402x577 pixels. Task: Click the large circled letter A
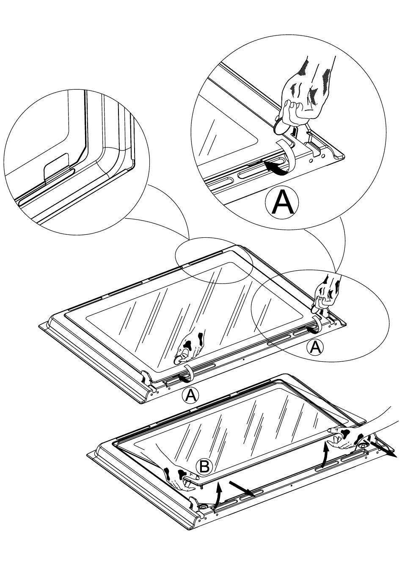[282, 203]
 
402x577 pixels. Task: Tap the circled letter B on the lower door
[204, 467]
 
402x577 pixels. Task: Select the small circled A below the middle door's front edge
[190, 395]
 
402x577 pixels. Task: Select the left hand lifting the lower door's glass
[178, 478]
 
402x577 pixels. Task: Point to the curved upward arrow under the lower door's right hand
[325, 454]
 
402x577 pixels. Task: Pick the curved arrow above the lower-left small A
[185, 376]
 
